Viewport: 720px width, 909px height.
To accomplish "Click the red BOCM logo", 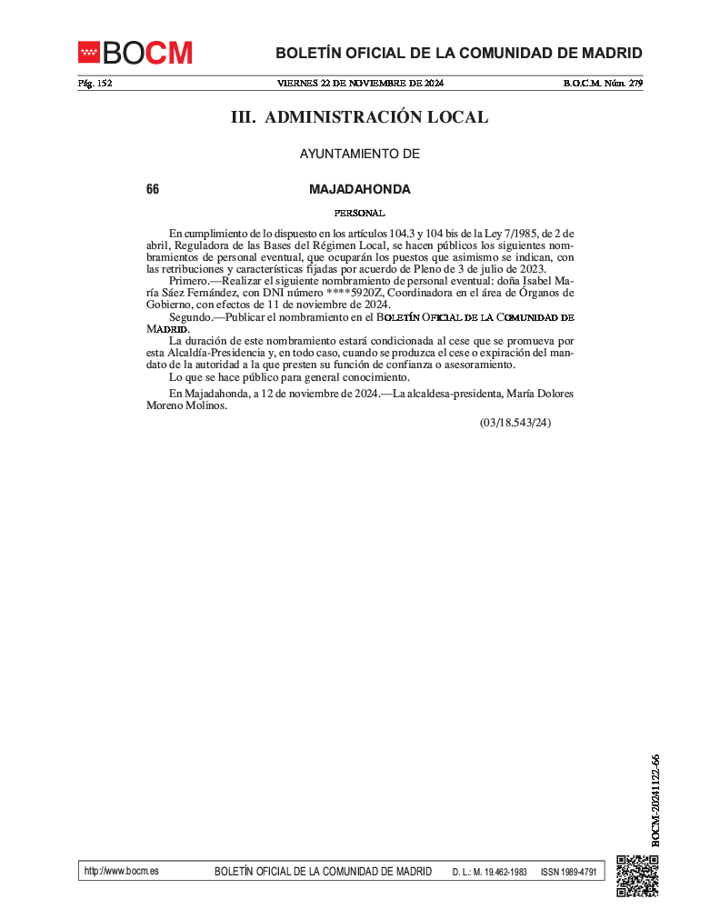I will (135, 53).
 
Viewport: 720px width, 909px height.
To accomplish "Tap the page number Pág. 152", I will (95, 84).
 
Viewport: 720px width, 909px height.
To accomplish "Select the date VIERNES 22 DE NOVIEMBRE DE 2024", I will (360, 84).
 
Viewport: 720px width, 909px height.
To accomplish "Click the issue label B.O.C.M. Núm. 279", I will (603, 84).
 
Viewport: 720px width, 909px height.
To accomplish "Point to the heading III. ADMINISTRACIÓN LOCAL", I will (359, 117).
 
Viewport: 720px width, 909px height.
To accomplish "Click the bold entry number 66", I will (152, 190).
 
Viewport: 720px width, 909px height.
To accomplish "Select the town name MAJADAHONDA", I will (359, 190).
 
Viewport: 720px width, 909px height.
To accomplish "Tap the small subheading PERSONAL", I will (359, 213).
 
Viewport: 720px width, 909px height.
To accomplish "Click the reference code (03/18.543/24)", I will (515, 423).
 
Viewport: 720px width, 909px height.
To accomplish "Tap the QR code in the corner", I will (637, 876).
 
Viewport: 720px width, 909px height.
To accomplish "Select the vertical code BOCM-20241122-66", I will (655, 800).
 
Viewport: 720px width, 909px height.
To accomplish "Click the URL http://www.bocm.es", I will (121, 871).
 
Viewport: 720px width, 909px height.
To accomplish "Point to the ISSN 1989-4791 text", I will (568, 872).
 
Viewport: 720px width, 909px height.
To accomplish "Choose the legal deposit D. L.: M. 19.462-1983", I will (489, 872).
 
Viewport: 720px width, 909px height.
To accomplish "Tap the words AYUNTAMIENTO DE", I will (359, 155).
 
